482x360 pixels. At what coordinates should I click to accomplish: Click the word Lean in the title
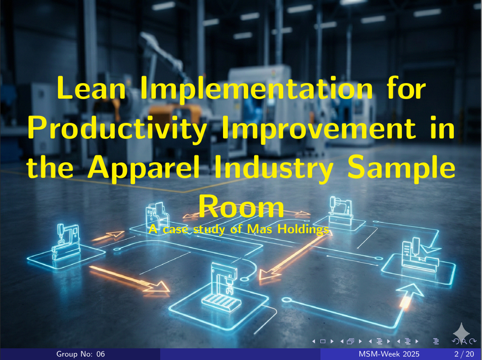pos(91,88)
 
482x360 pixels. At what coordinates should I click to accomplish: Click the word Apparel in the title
pos(144,169)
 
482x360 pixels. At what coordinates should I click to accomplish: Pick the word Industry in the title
pos(274,169)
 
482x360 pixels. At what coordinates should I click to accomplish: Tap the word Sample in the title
pos(401,169)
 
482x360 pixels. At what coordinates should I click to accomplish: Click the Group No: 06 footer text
pos(81,354)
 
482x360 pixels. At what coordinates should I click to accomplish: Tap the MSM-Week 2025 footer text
pos(389,354)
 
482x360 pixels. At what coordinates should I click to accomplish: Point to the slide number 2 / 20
pos(464,354)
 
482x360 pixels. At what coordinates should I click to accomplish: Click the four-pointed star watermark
pos(461,332)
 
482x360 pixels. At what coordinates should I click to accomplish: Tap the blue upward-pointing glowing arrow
pos(408,295)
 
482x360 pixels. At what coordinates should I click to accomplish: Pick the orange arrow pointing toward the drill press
pos(129,279)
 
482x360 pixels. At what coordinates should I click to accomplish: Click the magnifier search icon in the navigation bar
pos(465,341)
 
